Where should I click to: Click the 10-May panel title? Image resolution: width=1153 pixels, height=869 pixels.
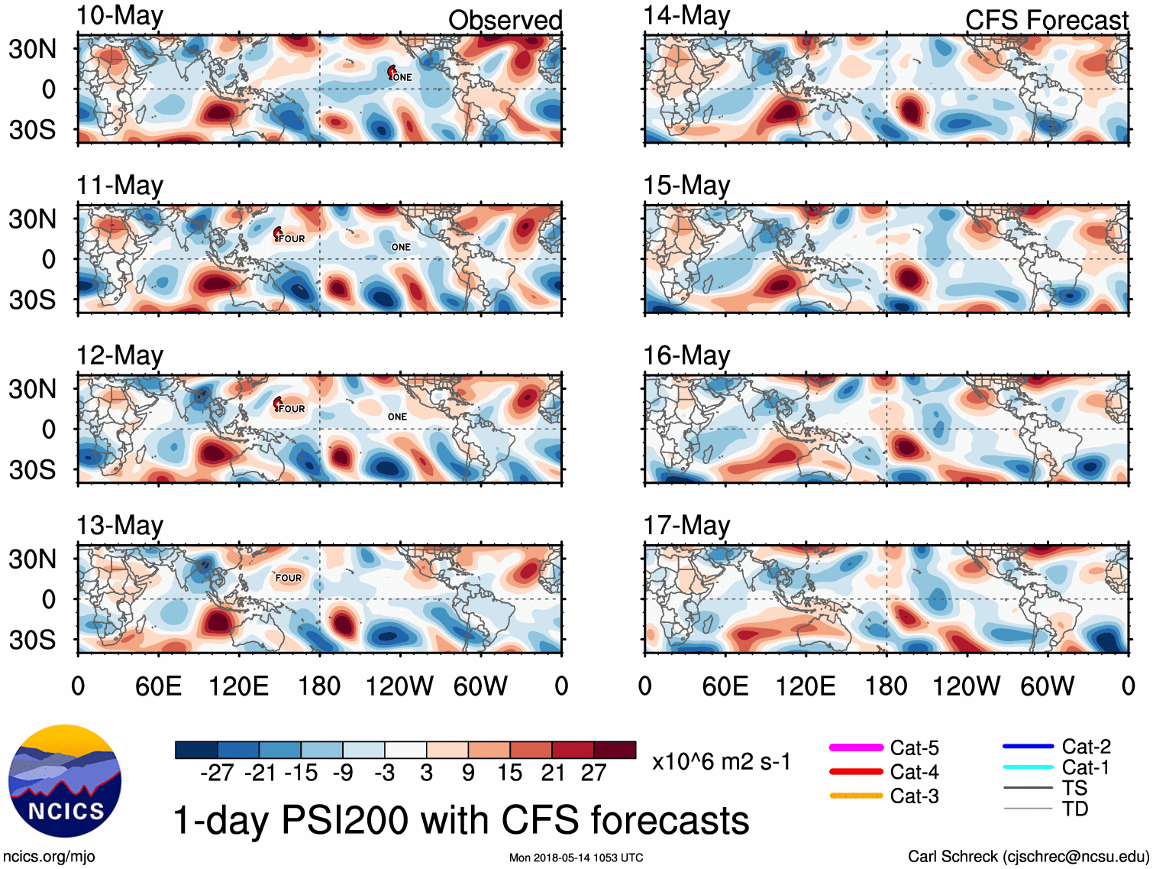point(120,16)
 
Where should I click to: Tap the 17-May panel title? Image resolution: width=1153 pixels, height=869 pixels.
point(686,526)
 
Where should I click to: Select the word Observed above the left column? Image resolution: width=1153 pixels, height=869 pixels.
point(505,20)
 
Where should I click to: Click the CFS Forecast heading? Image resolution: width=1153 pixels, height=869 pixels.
point(1046,20)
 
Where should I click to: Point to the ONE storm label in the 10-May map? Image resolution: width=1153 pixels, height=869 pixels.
point(401,77)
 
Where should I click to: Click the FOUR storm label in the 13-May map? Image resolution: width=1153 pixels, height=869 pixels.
point(289,578)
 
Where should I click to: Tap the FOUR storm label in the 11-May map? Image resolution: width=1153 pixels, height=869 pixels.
point(291,238)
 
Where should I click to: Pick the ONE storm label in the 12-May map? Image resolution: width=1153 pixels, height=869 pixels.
point(397,417)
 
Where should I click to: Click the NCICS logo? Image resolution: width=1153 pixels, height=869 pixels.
point(65,780)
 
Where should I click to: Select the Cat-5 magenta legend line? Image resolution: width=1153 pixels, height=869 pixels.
point(856,747)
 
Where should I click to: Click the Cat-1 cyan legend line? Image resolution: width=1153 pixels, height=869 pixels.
point(1028,767)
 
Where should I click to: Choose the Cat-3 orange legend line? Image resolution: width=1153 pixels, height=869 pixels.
point(856,796)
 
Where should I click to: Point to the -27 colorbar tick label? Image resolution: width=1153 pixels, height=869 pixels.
point(217,773)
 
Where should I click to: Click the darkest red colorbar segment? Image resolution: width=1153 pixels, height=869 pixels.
point(615,750)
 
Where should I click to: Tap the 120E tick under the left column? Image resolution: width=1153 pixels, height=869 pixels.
point(239,686)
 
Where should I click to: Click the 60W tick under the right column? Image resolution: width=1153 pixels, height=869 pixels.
point(1048,686)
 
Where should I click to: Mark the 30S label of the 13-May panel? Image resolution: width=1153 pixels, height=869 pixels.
point(33,639)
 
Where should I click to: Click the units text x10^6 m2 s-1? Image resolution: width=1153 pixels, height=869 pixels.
point(722,761)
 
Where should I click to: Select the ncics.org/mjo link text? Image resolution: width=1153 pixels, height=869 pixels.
point(50,856)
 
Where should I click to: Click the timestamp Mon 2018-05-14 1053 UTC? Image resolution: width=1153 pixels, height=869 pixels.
point(576,858)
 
